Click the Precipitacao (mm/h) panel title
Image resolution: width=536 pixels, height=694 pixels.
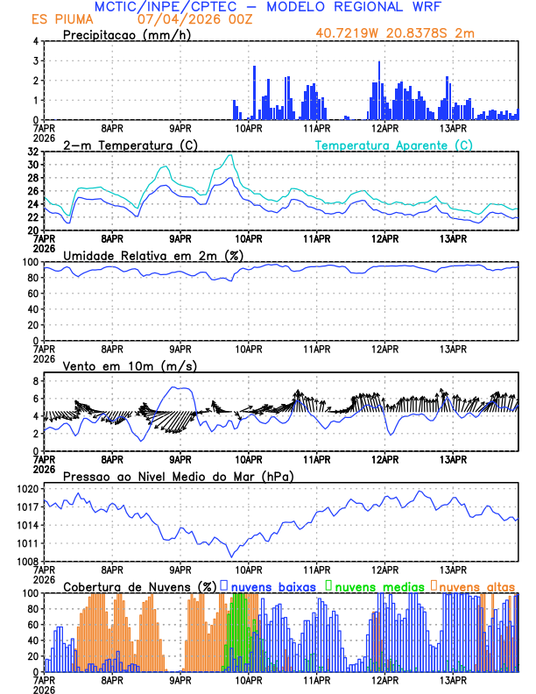[x=122, y=34]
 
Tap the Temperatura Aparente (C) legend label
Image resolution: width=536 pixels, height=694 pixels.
[x=393, y=145]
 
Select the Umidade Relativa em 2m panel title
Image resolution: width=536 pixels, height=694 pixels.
[x=152, y=255]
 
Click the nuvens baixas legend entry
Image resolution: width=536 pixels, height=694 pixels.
[x=272, y=586]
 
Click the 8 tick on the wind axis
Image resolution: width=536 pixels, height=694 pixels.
[x=36, y=381]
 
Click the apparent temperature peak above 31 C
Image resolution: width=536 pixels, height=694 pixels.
[x=231, y=155]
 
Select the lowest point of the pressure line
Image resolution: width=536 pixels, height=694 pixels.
[x=232, y=556]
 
